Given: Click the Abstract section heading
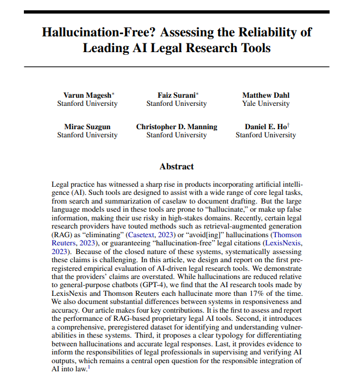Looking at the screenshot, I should [176, 166].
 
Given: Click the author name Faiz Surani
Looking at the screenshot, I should [175, 96].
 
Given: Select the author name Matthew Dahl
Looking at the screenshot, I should [266, 96].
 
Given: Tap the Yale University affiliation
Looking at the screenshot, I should [266, 104].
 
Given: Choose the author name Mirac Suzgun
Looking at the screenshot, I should [87, 127].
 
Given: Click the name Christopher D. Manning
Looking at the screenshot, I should [176, 127].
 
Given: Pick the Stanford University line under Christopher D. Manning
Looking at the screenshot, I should [176, 135].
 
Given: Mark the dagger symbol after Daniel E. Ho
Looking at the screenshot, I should [288, 125].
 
